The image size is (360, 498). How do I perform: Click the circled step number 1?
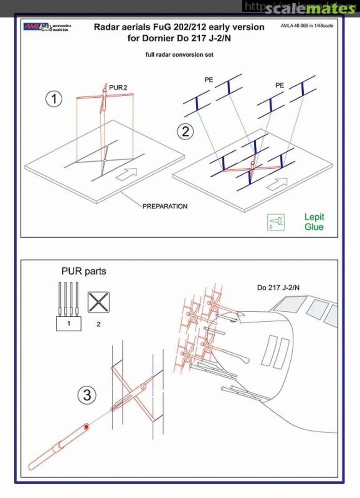[54, 99]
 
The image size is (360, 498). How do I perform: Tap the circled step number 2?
[185, 131]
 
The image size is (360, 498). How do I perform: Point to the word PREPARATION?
[165, 206]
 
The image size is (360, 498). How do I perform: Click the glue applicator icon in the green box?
[276, 222]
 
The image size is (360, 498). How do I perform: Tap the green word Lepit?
[314, 216]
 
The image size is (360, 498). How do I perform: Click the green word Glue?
[314, 227]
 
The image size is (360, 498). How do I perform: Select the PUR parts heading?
[84, 271]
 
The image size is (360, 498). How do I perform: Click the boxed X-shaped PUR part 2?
[98, 302]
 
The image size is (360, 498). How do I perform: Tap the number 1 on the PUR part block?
[69, 324]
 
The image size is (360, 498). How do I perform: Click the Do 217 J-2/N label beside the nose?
[278, 288]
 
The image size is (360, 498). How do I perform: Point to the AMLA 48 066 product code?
[306, 26]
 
